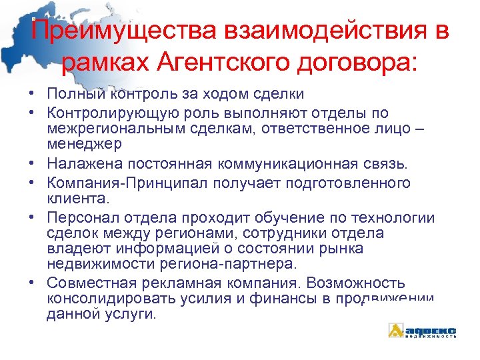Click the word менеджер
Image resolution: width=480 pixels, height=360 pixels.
coord(85,142)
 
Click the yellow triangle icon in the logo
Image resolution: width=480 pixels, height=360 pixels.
coord(397,330)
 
